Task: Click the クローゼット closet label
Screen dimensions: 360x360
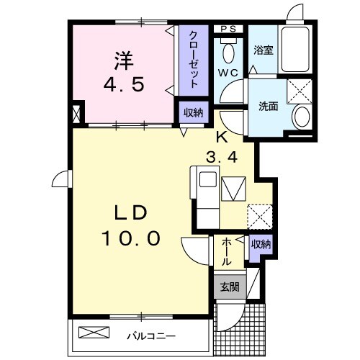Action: (x=194, y=58)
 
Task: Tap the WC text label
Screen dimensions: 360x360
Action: (x=230, y=73)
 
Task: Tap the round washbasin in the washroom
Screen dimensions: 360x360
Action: (x=302, y=117)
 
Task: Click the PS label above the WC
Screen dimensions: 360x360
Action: (x=230, y=28)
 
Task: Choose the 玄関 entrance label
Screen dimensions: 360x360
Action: (x=229, y=287)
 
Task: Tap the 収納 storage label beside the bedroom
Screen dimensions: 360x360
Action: (x=192, y=112)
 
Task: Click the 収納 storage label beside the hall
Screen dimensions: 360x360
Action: (x=260, y=245)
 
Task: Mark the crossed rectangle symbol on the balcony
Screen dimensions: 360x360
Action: (x=96, y=333)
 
